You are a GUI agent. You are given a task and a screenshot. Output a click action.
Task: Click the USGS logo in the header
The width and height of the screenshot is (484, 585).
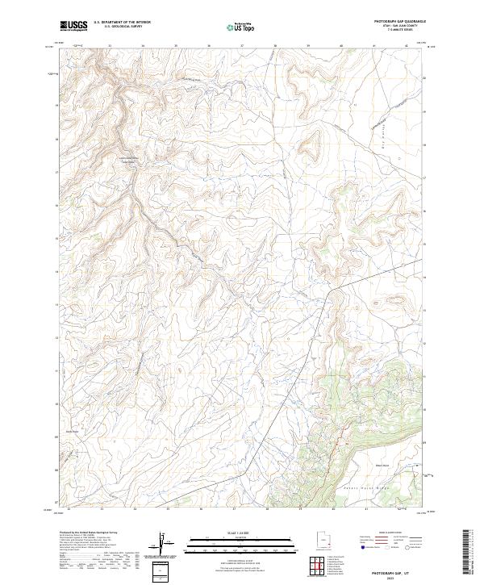pyautogui.click(x=73, y=26)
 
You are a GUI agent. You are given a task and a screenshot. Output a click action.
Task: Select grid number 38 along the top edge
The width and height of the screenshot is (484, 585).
pyautogui.click(x=275, y=46)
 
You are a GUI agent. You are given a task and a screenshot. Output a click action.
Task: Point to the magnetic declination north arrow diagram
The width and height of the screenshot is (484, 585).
pyautogui.click(x=166, y=545)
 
